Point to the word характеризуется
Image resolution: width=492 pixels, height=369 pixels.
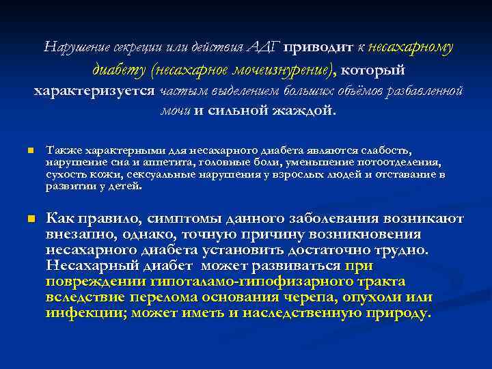94,92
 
